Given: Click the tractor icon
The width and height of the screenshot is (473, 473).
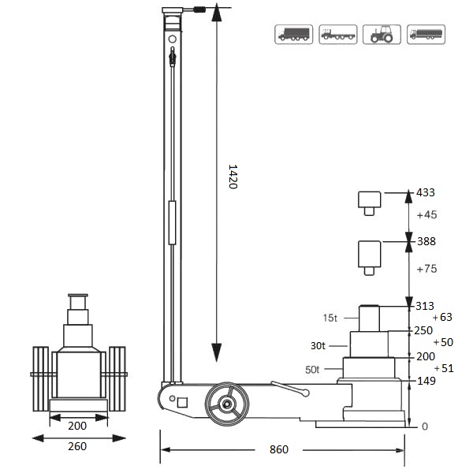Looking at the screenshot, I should [382, 35].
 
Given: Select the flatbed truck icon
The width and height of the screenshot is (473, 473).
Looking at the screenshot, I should [338, 35].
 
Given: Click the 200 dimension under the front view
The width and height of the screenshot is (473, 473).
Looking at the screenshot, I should [78, 426].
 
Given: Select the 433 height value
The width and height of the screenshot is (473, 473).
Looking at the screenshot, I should [425, 192].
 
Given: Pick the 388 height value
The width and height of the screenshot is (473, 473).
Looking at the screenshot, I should [425, 241].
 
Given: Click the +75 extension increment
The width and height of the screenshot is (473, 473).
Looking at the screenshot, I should [426, 269].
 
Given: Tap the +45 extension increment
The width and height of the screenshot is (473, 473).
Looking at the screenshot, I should [426, 214].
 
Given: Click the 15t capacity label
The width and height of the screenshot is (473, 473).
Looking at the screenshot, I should [330, 318].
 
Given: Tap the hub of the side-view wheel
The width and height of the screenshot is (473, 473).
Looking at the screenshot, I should [226, 404].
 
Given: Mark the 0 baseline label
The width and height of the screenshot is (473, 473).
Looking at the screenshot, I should [425, 426].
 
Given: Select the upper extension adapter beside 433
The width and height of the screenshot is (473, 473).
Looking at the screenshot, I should [368, 201].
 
